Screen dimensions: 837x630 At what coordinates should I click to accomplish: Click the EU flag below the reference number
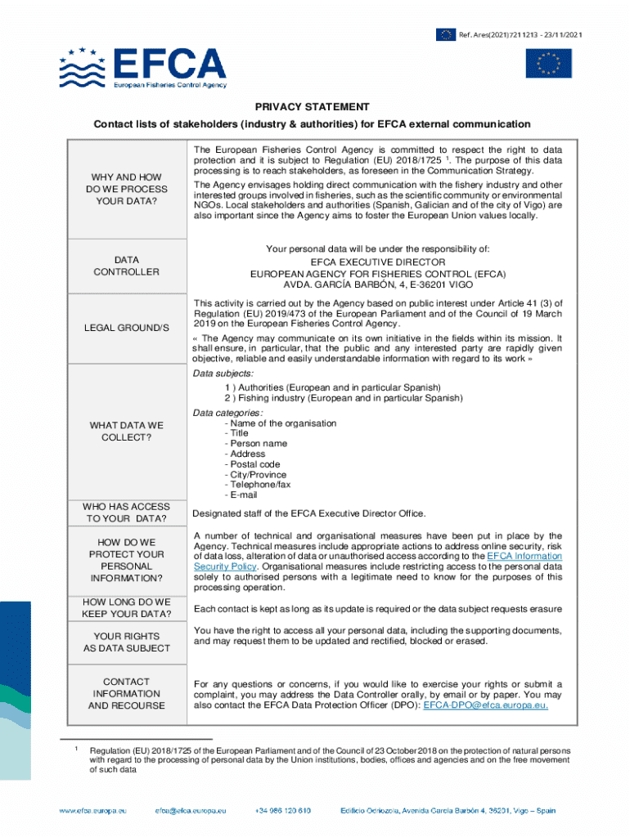[x=548, y=64]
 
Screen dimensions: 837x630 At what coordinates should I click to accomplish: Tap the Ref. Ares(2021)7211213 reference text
[x=520, y=34]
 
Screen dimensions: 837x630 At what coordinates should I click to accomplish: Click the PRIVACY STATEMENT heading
[x=312, y=107]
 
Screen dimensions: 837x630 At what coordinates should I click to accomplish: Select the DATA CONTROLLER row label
[x=126, y=266]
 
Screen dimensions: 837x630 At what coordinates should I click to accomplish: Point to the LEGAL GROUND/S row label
[x=126, y=328]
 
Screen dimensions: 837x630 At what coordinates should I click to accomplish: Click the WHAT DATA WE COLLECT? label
[x=126, y=432]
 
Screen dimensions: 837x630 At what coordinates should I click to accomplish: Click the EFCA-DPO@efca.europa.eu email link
[x=485, y=705]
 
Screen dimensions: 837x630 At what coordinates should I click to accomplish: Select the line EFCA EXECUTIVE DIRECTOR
[x=377, y=262]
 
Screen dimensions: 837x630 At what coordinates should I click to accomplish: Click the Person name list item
[x=259, y=444]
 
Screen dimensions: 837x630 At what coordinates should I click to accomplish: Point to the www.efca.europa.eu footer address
[x=92, y=811]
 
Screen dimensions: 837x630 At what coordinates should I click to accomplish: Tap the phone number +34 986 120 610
[x=282, y=811]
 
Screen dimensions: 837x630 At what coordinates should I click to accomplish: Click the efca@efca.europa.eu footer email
[x=190, y=811]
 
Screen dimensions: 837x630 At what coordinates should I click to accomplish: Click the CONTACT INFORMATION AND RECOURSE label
[x=126, y=693]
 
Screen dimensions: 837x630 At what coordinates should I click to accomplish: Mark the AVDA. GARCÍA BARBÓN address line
[x=377, y=285]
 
